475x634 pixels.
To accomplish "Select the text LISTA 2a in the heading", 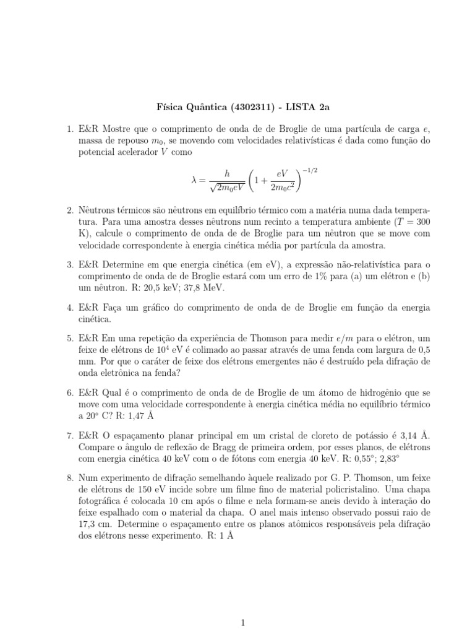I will coord(308,106).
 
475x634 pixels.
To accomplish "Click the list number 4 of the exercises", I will coord(70,307).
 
